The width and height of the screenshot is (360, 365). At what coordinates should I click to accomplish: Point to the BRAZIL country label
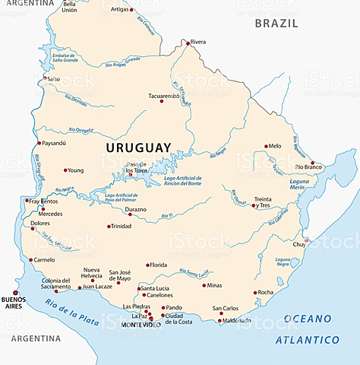point(277,24)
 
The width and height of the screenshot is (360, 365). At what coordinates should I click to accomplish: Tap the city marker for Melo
point(266,146)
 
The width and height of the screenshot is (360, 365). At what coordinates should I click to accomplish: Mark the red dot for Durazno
point(130,214)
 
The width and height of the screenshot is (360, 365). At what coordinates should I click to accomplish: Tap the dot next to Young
point(65,170)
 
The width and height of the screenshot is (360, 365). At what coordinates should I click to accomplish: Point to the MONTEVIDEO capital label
point(141,325)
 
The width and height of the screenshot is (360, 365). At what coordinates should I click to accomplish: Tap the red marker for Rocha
point(256,292)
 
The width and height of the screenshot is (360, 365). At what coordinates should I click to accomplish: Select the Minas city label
point(215,285)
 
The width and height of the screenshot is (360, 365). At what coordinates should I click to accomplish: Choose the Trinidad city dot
point(109,227)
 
